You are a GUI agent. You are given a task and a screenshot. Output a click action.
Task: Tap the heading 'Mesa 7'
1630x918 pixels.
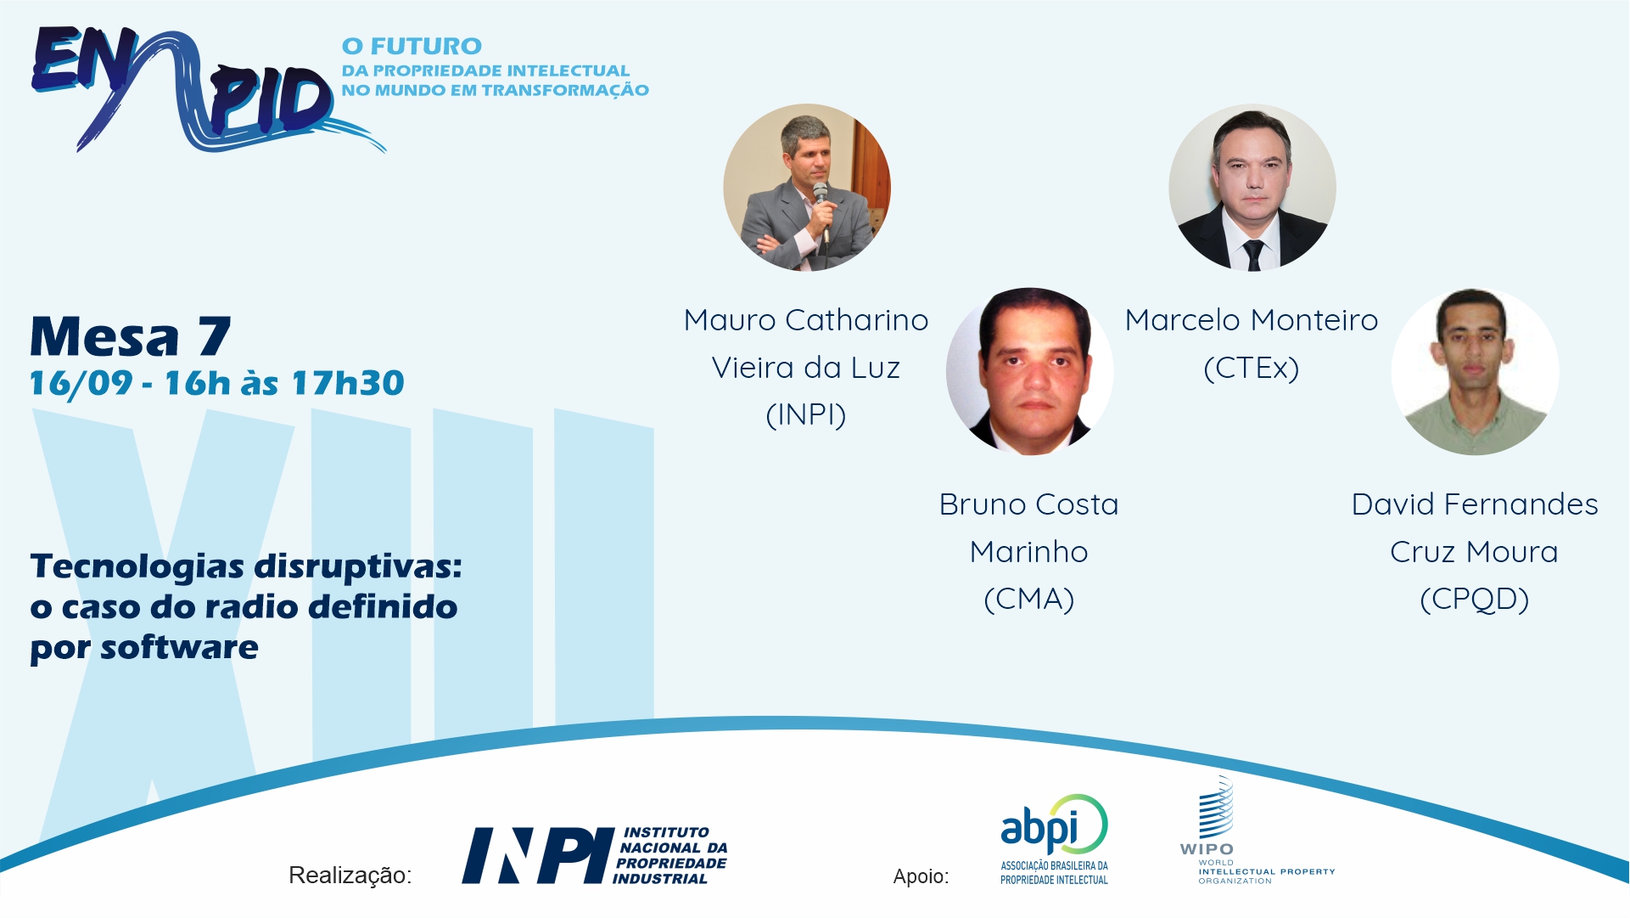point(131,337)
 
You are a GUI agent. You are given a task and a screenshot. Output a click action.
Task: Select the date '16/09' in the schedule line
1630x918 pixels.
point(81,383)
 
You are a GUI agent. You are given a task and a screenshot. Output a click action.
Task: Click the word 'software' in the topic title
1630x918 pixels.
point(179,648)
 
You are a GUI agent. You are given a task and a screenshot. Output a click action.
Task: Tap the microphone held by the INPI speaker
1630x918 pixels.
point(821,208)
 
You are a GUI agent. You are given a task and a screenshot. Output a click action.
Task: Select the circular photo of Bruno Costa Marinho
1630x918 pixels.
point(1029,372)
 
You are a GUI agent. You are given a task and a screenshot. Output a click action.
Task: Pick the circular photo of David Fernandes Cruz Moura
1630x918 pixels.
point(1475,372)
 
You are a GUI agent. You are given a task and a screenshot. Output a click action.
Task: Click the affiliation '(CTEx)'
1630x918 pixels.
point(1252,369)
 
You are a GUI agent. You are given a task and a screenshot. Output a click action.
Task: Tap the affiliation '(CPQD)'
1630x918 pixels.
point(1475,600)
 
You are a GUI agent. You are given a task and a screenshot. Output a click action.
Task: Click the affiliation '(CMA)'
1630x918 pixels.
point(1029,600)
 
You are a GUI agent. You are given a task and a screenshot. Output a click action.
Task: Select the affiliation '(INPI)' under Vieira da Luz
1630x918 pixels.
point(806,415)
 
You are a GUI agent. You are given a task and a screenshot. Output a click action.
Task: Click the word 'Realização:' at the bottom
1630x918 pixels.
point(350,876)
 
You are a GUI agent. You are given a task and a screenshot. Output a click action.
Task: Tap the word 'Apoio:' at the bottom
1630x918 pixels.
point(921,876)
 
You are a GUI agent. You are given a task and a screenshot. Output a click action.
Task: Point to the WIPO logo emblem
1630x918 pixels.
point(1216,808)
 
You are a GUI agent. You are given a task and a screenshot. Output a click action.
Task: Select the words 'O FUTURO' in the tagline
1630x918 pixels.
point(412,46)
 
